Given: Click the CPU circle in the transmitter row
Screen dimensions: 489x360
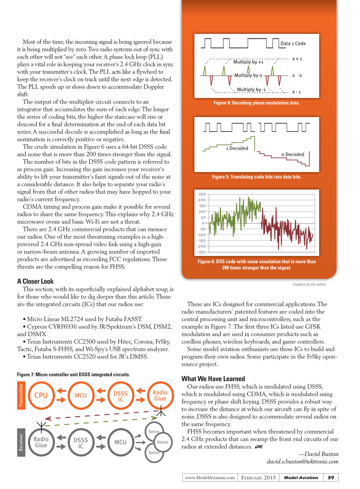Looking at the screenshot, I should pyautogui.click(x=41, y=396).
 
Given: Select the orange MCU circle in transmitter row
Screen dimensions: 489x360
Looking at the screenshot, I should pyautogui.click(x=81, y=396).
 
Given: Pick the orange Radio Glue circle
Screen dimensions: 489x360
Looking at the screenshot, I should pyautogui.click(x=160, y=396).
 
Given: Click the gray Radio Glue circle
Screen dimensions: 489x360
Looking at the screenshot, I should pyautogui.click(x=41, y=442).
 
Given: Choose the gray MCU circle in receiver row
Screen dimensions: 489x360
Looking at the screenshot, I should pyautogui.click(x=120, y=442).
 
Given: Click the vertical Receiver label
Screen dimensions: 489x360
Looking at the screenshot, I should pyautogui.click(x=21, y=445).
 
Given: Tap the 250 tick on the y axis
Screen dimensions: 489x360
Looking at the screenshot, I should pyautogui.click(x=202, y=194).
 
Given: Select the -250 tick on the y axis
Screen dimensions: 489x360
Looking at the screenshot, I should pyautogui.click(x=201, y=252).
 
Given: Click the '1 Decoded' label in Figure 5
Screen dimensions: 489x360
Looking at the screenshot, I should pyautogui.click(x=237, y=148).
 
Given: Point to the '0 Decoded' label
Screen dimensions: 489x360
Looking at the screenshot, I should pyautogui.click(x=292, y=154).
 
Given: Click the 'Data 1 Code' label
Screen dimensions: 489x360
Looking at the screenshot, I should pyautogui.click(x=293, y=44).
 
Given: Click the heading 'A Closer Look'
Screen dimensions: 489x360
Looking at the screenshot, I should pyautogui.click(x=35, y=281).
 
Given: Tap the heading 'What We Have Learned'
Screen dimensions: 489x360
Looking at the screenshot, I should pyautogui.click(x=213, y=379).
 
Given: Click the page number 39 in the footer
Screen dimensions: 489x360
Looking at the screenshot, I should pyautogui.click(x=331, y=478).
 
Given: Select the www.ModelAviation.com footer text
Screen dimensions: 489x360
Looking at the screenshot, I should pyautogui.click(x=210, y=478).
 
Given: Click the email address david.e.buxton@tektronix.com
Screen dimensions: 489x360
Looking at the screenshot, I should pyautogui.click(x=303, y=461).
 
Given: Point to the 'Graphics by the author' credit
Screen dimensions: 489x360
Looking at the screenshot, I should pyautogui.click(x=309, y=284).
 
